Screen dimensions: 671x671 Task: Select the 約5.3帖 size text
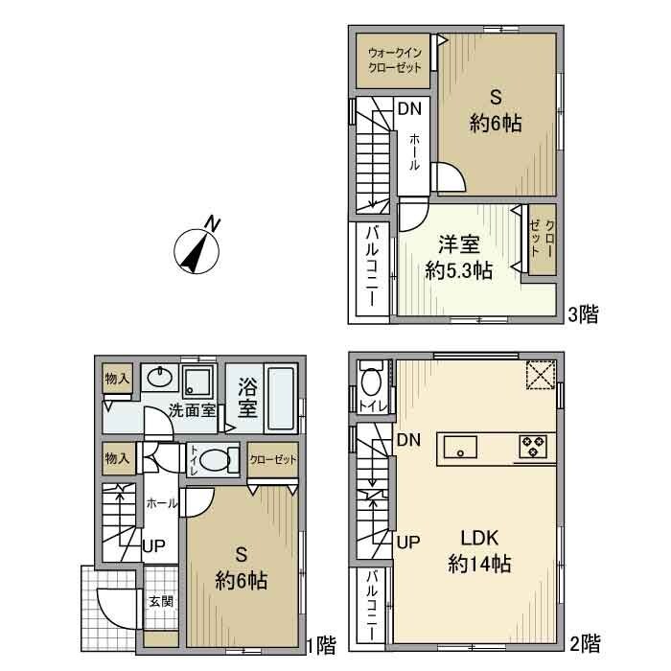(459, 270)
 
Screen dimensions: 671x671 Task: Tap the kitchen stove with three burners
(531, 446)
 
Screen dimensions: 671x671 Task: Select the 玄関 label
(159, 602)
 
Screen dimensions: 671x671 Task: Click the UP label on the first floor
(153, 547)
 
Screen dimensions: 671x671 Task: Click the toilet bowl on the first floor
(217, 458)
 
